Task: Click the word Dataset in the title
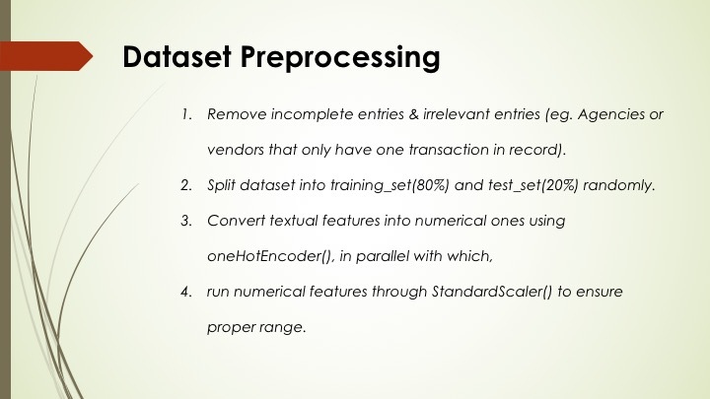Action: pyautogui.click(x=176, y=57)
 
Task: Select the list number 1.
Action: pyautogui.click(x=184, y=115)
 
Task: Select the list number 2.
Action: pyautogui.click(x=184, y=185)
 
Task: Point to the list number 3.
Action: pyautogui.click(x=184, y=221)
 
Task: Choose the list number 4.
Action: pyautogui.click(x=184, y=292)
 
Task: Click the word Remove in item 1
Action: pyautogui.click(x=233, y=115)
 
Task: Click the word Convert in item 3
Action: pyautogui.click(x=233, y=221)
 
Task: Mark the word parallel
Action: pyautogui.click(x=371, y=256)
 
